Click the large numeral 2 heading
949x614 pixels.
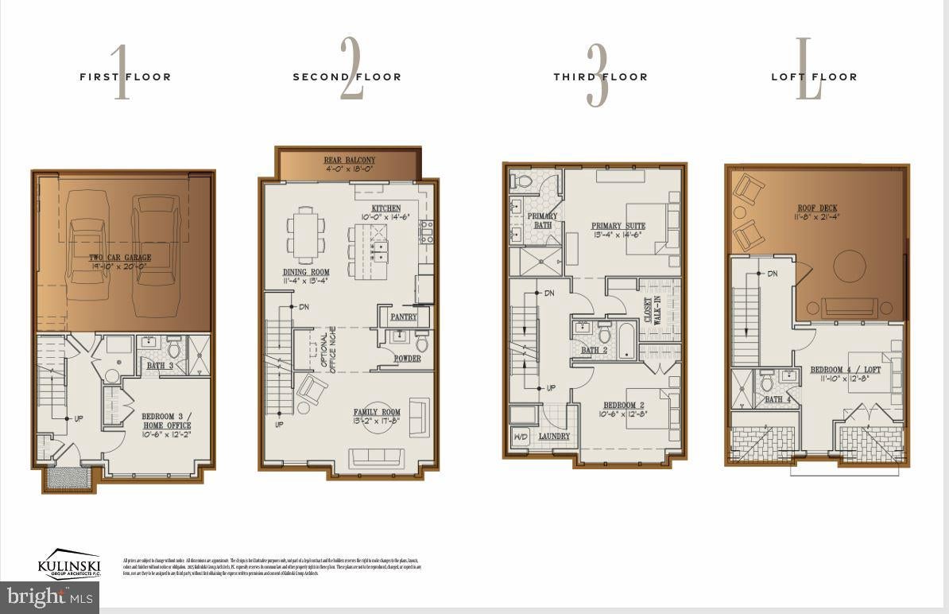351,69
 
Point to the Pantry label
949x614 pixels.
404,317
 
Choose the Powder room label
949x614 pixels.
408,359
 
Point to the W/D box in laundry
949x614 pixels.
521,437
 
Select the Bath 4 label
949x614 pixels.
778,399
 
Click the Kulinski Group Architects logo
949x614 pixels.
69,565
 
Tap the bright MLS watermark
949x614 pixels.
49,597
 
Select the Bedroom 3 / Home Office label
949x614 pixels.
166,421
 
